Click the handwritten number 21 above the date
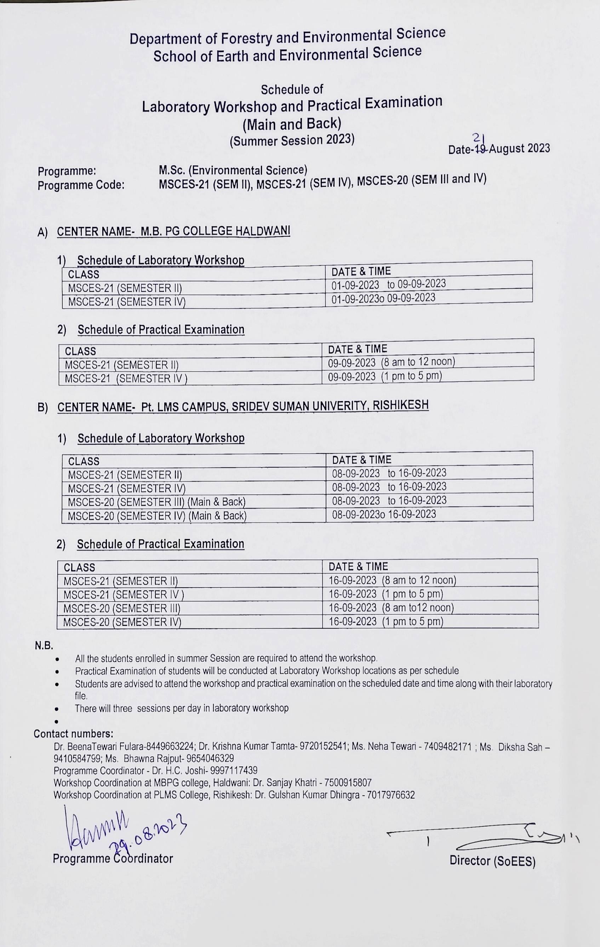pos(479,137)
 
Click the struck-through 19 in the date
pos(481,149)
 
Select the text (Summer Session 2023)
pos(292,140)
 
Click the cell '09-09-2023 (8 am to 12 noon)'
pos(391,362)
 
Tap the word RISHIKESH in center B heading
pos(400,405)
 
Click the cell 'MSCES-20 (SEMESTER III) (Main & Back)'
pos(156,502)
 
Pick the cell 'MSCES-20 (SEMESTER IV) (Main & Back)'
pos(157,515)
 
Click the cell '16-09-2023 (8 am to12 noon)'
pos(391,608)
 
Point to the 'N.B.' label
pos(44,645)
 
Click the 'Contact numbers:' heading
pos(73,733)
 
